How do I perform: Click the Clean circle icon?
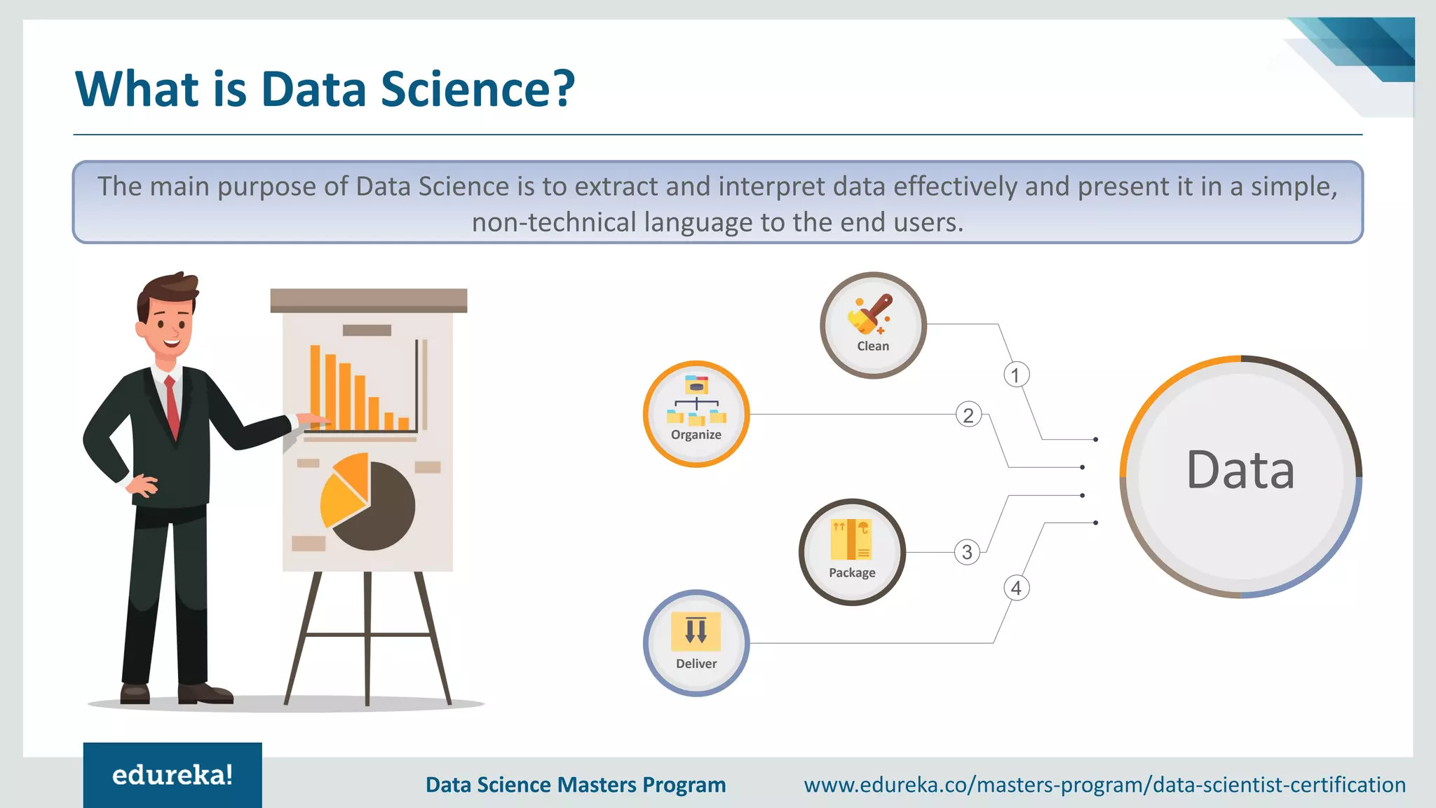pos(873,325)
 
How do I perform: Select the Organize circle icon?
pos(696,414)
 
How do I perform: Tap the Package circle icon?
pos(852,552)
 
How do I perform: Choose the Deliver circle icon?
pos(696,642)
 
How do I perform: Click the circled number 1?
pos(1016,375)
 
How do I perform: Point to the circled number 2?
pos(968,415)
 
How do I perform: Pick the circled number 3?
pos(967,552)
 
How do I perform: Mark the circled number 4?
pos(1017,588)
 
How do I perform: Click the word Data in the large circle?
pos(1240,470)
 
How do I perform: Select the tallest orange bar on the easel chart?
pos(316,386)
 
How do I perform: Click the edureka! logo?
pos(172,775)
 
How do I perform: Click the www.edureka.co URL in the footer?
pos(1104,784)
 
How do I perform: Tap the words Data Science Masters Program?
pos(576,784)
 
